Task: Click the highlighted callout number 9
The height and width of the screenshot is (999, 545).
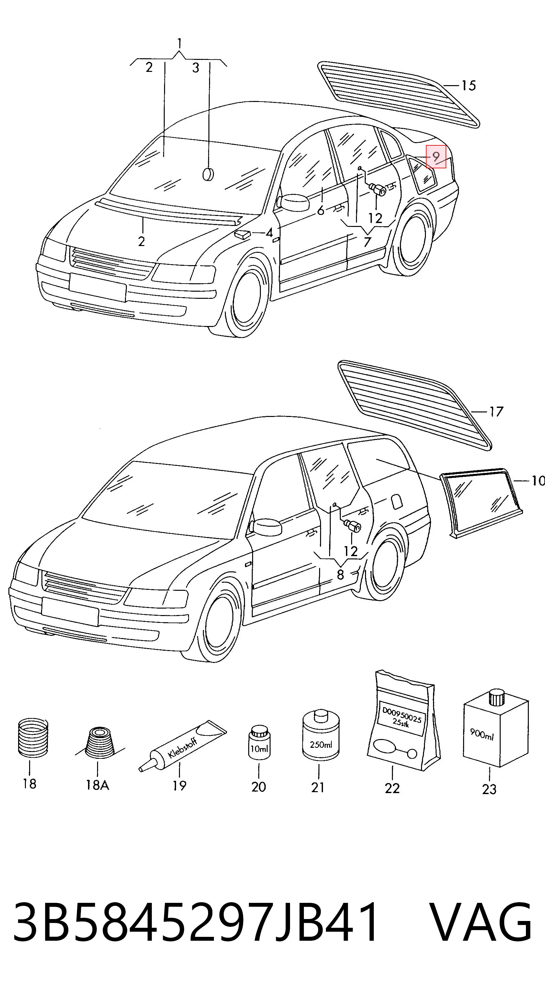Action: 436,157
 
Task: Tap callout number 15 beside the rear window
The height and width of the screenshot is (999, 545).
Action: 468,85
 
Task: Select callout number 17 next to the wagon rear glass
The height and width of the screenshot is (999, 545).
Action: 496,411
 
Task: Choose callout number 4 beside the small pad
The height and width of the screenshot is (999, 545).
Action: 269,233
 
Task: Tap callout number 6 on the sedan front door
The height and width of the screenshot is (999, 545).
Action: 321,211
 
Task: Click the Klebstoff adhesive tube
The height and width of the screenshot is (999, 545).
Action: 182,746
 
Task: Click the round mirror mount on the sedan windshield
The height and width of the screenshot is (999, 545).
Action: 208,174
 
